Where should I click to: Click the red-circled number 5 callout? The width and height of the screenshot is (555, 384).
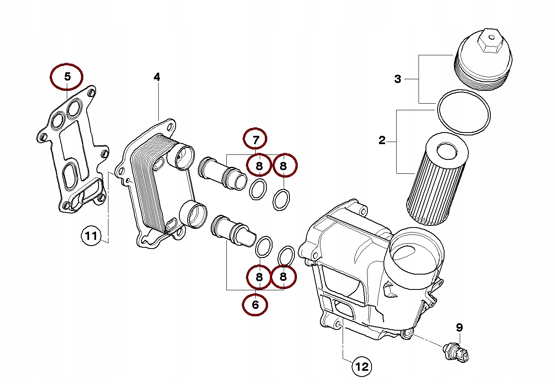pyautogui.click(x=67, y=76)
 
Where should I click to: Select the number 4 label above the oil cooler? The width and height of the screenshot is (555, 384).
pyautogui.click(x=157, y=77)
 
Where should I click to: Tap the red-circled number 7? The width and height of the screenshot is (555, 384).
pyautogui.click(x=255, y=139)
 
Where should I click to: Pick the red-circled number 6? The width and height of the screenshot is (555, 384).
pyautogui.click(x=255, y=305)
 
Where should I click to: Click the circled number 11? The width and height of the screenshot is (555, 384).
pyautogui.click(x=91, y=236)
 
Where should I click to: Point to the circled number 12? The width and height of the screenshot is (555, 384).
pyautogui.click(x=362, y=366)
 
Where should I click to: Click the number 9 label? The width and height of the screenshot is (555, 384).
pyautogui.click(x=459, y=327)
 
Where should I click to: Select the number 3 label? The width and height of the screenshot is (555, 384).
pyautogui.click(x=397, y=78)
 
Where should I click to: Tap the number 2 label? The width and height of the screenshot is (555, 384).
pyautogui.click(x=382, y=140)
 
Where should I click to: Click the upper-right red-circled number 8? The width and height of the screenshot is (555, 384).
pyautogui.click(x=283, y=166)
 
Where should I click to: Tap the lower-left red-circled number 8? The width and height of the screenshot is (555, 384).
pyautogui.click(x=259, y=277)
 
